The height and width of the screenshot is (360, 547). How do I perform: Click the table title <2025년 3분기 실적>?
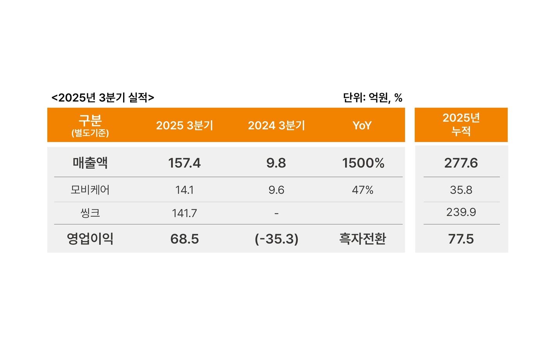103,98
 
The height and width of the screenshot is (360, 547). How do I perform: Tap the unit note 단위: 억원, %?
372,98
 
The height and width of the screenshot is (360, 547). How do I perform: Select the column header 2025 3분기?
184,125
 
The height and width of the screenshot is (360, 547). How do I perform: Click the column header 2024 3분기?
276,125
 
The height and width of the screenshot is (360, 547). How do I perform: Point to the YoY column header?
362,125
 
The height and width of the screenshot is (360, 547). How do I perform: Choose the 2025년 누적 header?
461,124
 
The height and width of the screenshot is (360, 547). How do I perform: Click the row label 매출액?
90,162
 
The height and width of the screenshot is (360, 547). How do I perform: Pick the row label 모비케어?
90,190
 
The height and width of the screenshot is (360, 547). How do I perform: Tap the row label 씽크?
90,213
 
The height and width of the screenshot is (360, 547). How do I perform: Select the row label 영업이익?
90,239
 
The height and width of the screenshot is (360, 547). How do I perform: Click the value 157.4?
184,163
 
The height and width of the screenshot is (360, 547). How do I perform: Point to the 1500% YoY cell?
363,163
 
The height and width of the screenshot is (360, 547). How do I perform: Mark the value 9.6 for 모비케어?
276,190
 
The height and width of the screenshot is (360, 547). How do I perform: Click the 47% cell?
363,190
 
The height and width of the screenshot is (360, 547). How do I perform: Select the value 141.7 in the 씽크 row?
184,213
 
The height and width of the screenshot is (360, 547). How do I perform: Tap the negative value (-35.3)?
276,239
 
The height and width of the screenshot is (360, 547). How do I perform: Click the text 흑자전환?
363,239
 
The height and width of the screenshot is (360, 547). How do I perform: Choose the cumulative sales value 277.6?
461,163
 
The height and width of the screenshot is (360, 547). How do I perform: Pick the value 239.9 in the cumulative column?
461,212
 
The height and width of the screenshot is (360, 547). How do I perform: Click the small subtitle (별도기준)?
90,133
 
